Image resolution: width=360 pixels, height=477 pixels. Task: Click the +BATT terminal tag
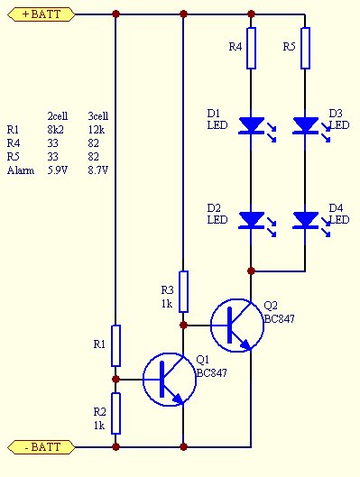coord(42,14)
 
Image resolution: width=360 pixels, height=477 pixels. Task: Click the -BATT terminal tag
coord(42,447)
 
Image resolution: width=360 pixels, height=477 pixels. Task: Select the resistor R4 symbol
coord(251,48)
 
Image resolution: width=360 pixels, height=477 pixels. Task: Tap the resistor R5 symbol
coord(305,48)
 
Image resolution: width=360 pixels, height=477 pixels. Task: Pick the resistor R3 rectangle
coord(183,291)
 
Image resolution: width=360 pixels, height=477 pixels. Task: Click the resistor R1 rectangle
coord(115,345)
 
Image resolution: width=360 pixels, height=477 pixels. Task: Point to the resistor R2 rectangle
coord(115,413)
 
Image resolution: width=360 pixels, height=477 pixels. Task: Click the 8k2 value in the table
coord(55,130)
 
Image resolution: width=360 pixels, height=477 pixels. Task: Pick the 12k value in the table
coord(97,130)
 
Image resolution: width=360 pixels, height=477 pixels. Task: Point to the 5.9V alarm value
coord(58,170)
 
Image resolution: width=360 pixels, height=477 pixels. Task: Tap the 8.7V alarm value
coord(98,170)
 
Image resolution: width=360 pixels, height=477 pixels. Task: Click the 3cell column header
coord(98,116)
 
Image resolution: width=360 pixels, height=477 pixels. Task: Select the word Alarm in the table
coord(21,170)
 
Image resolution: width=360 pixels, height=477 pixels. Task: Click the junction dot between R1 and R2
coord(115,380)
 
